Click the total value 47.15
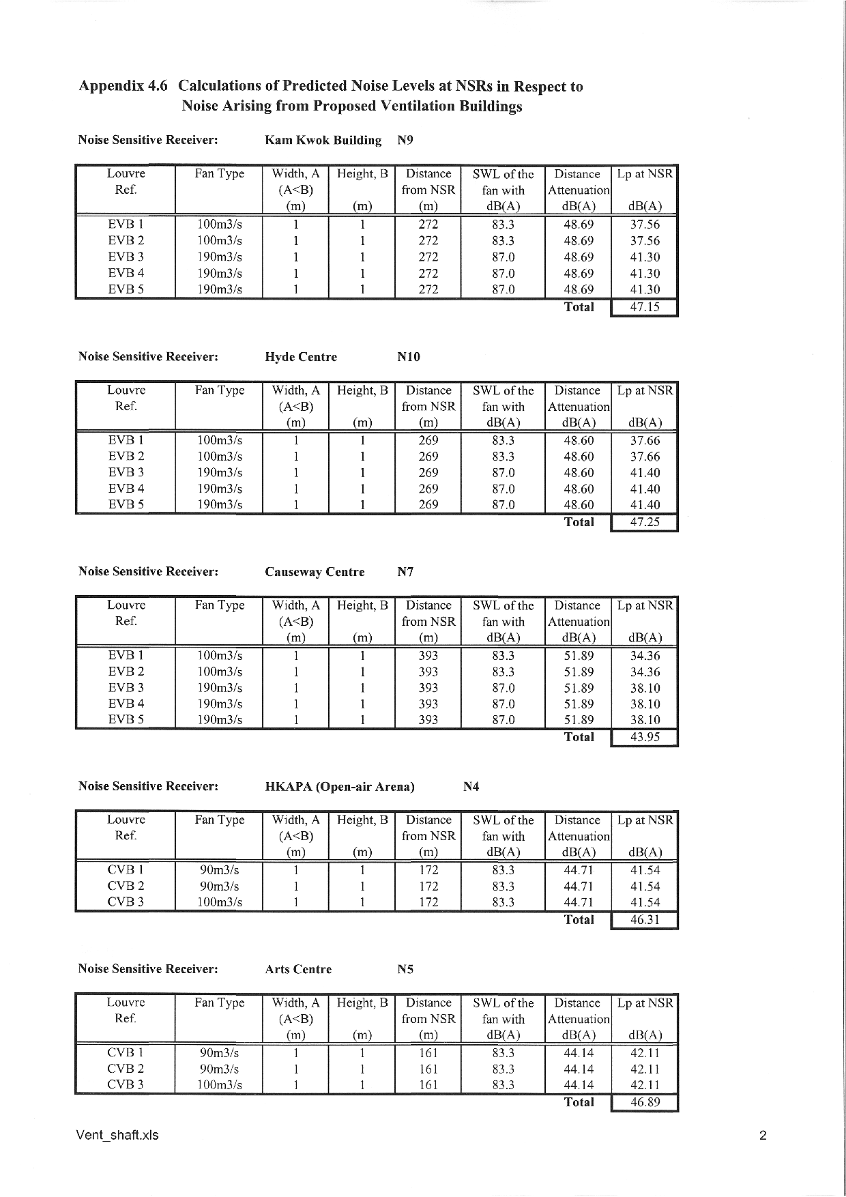644,307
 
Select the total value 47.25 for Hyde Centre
644,523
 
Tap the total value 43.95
644,738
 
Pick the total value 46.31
644,920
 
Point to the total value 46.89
644,1102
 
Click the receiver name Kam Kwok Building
323,141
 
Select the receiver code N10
408,357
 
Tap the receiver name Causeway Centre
315,572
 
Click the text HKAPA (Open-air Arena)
339,786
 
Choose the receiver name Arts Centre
298,969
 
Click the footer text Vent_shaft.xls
118,1135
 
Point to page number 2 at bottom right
762,1136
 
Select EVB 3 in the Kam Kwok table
126,257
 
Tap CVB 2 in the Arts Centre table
126,1069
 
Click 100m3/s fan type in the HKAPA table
219,902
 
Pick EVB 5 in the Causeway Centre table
126,719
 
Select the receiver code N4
471,786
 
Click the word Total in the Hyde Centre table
579,522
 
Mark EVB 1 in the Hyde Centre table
126,440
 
